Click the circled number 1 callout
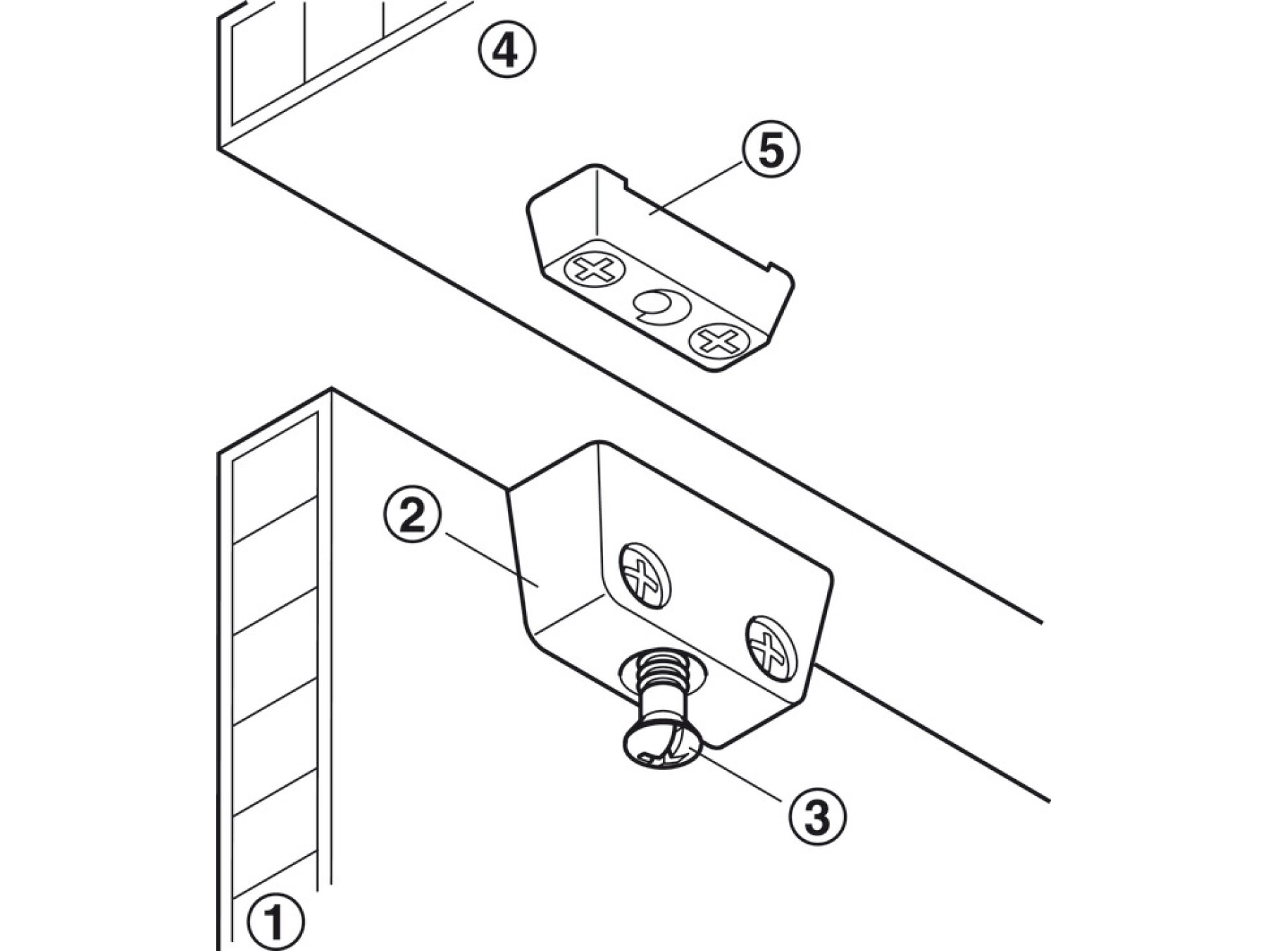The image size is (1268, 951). (x=274, y=920)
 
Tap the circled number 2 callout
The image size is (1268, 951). (x=414, y=517)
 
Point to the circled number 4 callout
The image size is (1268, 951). (x=506, y=51)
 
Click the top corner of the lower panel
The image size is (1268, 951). (x=331, y=389)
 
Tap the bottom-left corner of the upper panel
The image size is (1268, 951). (x=218, y=148)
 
